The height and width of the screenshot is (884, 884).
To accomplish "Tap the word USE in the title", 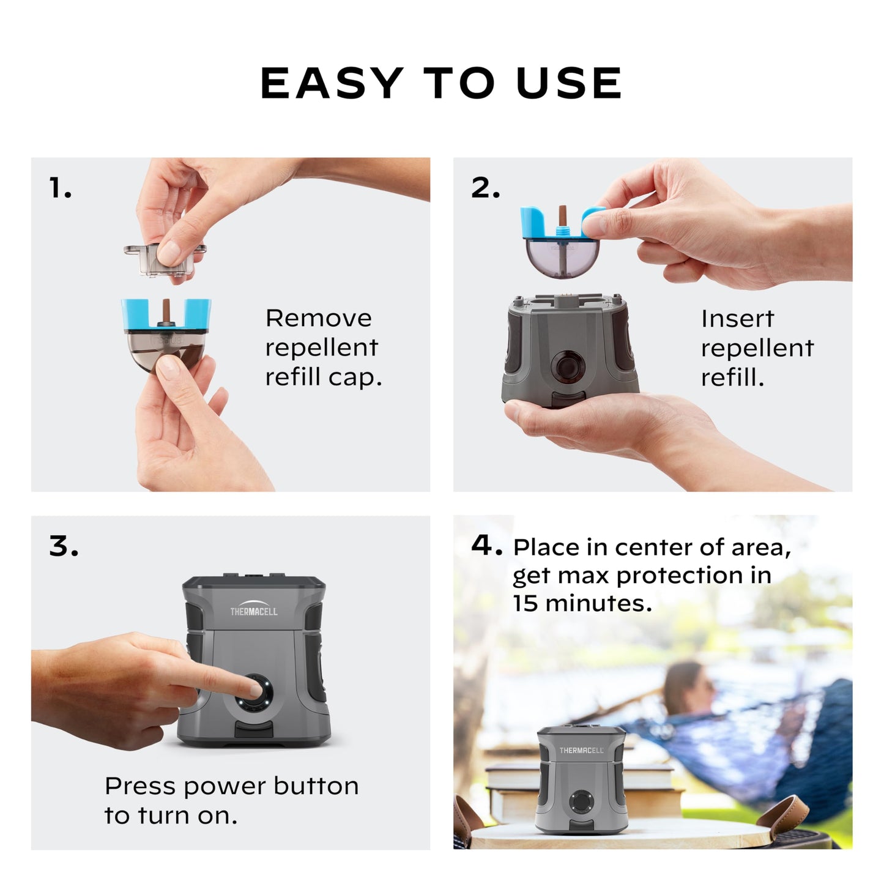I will tap(569, 83).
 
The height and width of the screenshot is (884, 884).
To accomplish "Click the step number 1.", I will tap(60, 188).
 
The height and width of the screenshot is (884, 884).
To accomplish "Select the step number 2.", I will tap(485, 188).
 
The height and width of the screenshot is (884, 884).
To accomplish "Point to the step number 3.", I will tap(64, 546).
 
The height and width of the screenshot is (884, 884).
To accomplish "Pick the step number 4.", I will tap(486, 544).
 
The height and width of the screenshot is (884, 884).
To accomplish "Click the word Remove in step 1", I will tap(318, 318).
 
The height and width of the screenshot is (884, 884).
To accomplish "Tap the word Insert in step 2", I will tap(737, 319).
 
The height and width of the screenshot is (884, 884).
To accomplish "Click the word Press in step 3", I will tap(140, 786).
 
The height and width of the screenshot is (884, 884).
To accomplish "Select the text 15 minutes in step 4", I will tap(582, 604).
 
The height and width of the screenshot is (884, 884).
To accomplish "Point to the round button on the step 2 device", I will tap(568, 367).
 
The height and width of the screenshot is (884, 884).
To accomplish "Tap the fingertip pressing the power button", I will tap(252, 689).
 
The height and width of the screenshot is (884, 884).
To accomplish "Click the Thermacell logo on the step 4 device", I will tap(581, 750).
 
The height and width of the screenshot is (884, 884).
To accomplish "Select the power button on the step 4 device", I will tap(581, 801).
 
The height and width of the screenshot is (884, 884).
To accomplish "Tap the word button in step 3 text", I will tap(316, 786).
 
